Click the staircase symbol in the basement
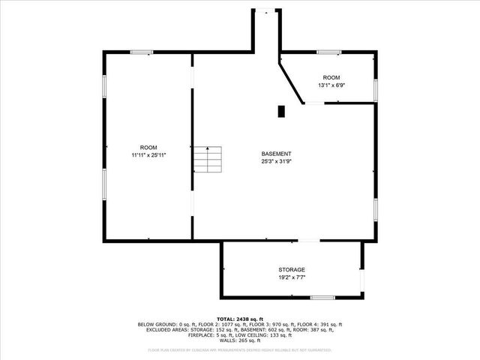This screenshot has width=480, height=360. click(x=209, y=160)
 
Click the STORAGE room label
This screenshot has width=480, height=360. click(x=292, y=270)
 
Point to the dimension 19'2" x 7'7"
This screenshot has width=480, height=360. click(x=292, y=277)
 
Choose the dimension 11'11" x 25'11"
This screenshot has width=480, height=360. click(x=148, y=155)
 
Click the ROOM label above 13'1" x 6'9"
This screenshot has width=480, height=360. click(x=331, y=78)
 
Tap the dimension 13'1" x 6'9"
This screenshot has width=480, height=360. click(x=331, y=85)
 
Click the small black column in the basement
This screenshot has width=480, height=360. click(x=281, y=112)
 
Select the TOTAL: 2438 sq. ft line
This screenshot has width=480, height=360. click(x=239, y=319)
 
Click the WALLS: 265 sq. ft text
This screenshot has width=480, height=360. click(x=239, y=342)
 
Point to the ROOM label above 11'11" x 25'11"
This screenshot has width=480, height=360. click(x=148, y=147)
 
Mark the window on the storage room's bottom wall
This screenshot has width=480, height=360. click(x=322, y=298)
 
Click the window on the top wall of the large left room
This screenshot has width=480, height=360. click(x=142, y=52)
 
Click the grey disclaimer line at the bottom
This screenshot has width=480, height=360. click(x=239, y=349)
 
